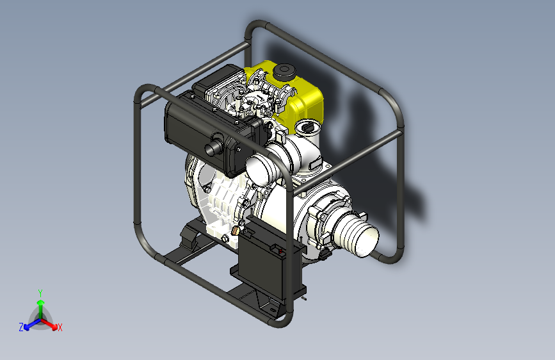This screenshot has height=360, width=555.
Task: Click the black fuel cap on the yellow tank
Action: pyautogui.click(x=284, y=72)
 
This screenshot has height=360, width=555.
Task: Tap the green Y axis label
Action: pyautogui.click(x=40, y=293)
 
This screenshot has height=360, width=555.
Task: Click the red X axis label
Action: pyautogui.click(x=60, y=327)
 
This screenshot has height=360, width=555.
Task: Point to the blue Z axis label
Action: pyautogui.click(x=21, y=327)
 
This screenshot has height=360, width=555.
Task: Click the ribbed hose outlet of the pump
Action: pyautogui.click(x=356, y=234)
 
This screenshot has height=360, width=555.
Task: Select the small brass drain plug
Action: pyautogui.click(x=236, y=231)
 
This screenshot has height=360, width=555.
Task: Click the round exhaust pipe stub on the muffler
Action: pyautogui.click(x=213, y=147)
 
